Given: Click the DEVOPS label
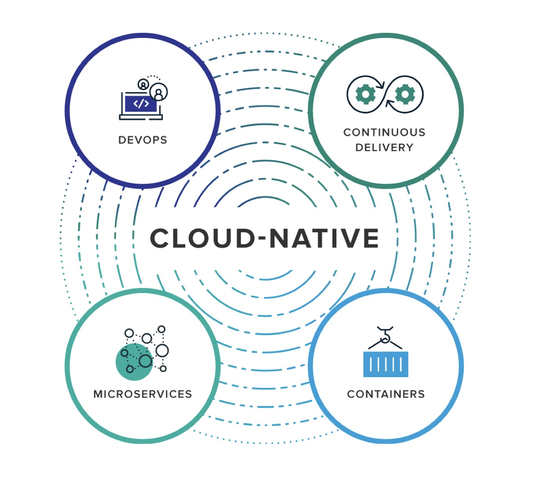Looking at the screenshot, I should [142, 140].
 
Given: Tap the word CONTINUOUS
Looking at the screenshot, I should [384, 132].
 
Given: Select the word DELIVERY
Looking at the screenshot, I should [384, 148].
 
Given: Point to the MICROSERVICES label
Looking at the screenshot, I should [142, 394].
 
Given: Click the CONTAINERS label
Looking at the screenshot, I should [386, 394].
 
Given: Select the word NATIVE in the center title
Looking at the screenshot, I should [324, 238].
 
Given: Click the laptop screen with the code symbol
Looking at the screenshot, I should [141, 104].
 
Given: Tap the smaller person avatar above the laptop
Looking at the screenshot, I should [143, 84].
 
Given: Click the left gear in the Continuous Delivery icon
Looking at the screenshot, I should [366, 94].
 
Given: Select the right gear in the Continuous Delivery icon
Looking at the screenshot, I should [405, 94].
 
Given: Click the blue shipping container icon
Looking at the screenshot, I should [386, 364].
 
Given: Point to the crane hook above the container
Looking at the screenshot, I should [385, 336].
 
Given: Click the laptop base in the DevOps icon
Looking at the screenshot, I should [141, 117].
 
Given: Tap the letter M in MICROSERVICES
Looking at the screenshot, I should [98, 394].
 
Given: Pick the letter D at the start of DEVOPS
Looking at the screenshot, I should [122, 140].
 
